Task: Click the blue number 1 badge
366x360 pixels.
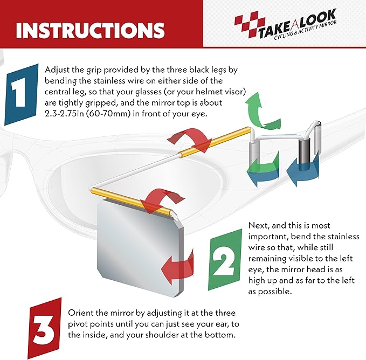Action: (x=21, y=94)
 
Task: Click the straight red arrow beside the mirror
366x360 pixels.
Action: (x=177, y=266)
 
